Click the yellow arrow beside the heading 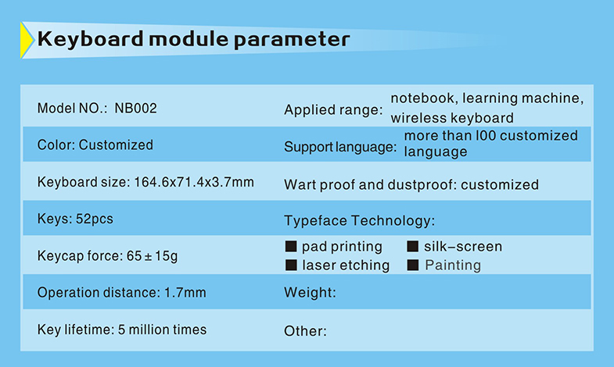tap(27, 41)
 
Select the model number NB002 tap(135, 109)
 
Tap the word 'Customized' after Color tap(116, 145)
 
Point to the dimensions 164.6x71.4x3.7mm tap(194, 182)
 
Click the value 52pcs tap(95, 219)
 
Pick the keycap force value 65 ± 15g tap(152, 256)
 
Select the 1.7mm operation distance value tap(185, 293)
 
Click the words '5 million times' tap(162, 330)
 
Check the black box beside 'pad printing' tap(291, 246)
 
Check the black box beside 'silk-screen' tap(413, 246)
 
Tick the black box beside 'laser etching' tap(291, 265)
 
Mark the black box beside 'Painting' tap(413, 265)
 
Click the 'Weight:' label tap(311, 292)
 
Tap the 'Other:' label tap(305, 331)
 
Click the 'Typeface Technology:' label tap(360, 221)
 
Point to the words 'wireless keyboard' tap(452, 118)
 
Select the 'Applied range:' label tap(333, 110)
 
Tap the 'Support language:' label tap(340, 148)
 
